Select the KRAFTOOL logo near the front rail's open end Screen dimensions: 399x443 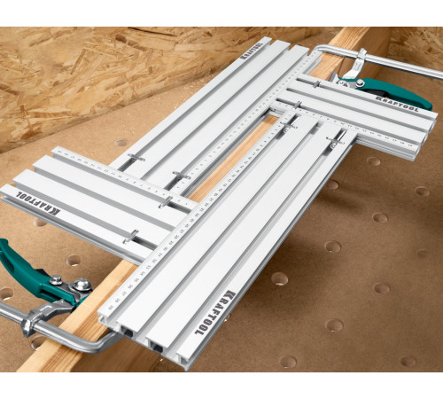click(x=224, y=305)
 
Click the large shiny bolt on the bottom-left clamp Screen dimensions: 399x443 click(x=82, y=286)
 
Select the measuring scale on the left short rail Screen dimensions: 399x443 click(x=124, y=174)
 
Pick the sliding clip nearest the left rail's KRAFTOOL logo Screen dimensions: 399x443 click(x=130, y=237)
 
